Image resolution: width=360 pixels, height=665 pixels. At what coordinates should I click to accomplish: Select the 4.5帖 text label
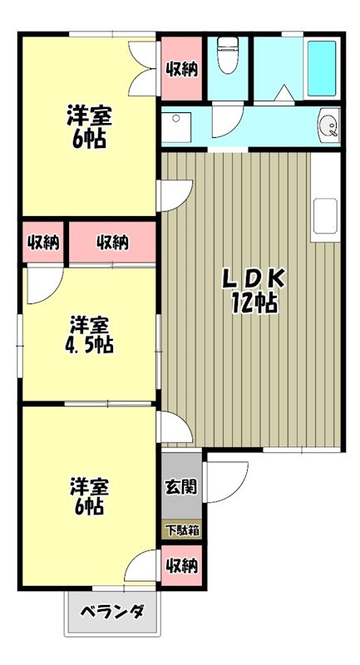click(x=91, y=342)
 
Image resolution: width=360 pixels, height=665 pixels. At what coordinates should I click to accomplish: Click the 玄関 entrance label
click(x=181, y=487)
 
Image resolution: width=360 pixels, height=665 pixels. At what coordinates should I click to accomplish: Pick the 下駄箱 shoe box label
click(x=181, y=530)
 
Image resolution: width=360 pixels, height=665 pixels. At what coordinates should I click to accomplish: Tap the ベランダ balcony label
click(x=112, y=613)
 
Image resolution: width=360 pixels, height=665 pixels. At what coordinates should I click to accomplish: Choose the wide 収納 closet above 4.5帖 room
click(x=112, y=243)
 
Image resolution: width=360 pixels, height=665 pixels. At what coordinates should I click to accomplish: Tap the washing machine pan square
click(x=176, y=128)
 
